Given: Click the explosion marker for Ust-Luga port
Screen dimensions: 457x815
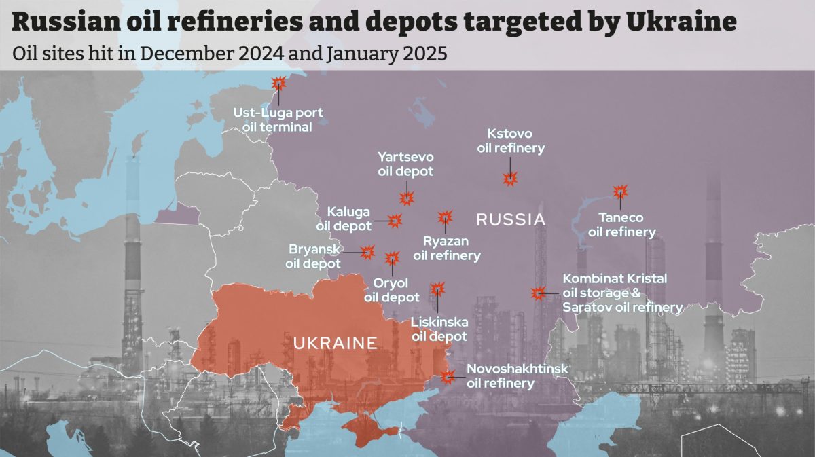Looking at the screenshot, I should point(278,84).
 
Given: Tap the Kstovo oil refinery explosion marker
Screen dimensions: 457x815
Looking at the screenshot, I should point(510,179).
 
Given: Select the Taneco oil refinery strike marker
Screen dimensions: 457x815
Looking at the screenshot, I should point(619,192).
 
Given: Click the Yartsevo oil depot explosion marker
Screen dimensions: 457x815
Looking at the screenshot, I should point(407,198).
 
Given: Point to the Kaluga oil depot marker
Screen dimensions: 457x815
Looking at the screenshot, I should point(395,220).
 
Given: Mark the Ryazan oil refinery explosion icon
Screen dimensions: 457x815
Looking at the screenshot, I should point(444,217).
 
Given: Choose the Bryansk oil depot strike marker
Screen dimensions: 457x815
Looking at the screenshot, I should point(367,252).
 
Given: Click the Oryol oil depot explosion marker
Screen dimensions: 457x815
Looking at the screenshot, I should point(392,259).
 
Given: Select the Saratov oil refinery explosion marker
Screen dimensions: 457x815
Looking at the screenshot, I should point(537,293).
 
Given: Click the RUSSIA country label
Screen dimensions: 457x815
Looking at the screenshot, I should point(511,220).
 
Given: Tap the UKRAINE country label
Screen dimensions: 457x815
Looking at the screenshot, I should point(335,343).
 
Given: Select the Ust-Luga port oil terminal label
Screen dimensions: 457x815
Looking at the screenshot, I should point(278,120).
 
